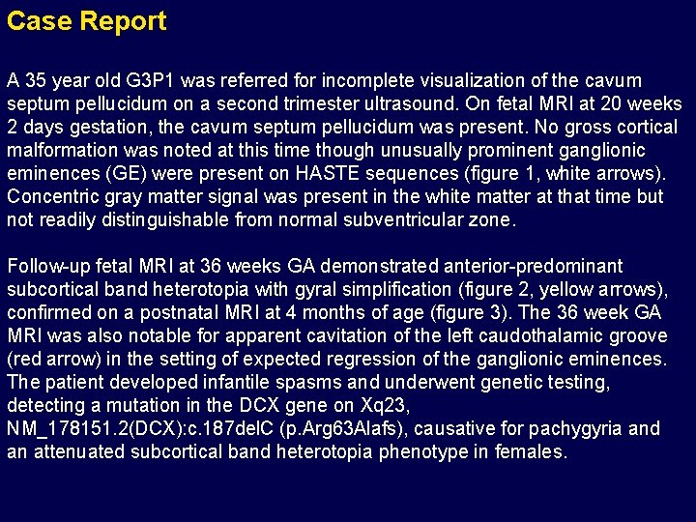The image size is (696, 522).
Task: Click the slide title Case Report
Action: click(x=86, y=21)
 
